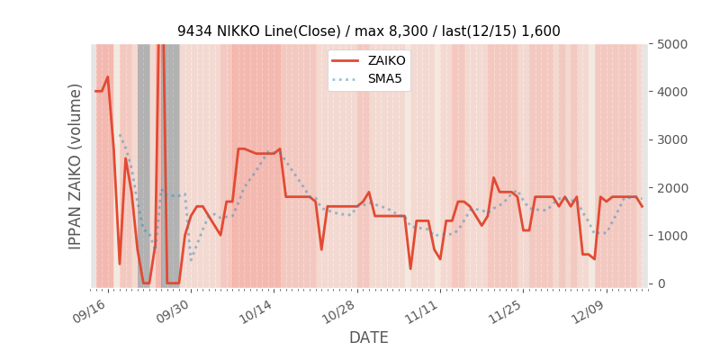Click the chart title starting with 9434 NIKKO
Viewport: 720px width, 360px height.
368,31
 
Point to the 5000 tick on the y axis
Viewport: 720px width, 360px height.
672,44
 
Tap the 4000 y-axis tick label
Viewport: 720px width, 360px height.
672,92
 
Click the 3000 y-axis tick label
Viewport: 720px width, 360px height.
672,139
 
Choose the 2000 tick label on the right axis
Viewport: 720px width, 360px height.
672,187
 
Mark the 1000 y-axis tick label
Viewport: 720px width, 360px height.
672,236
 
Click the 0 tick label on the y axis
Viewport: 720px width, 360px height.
661,283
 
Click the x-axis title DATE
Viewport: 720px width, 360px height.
369,338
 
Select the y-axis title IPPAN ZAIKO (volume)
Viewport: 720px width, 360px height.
76,166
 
